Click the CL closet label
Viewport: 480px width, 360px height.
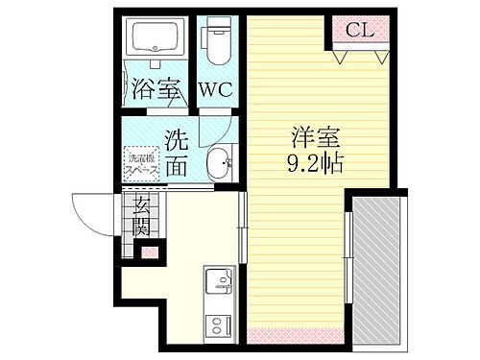tap(360, 30)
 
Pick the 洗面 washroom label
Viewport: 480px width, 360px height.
tap(177, 152)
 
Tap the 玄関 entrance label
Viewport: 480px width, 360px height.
tap(141, 216)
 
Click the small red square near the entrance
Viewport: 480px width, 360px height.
tap(148, 252)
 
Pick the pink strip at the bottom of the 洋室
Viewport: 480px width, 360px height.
tap(297, 336)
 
